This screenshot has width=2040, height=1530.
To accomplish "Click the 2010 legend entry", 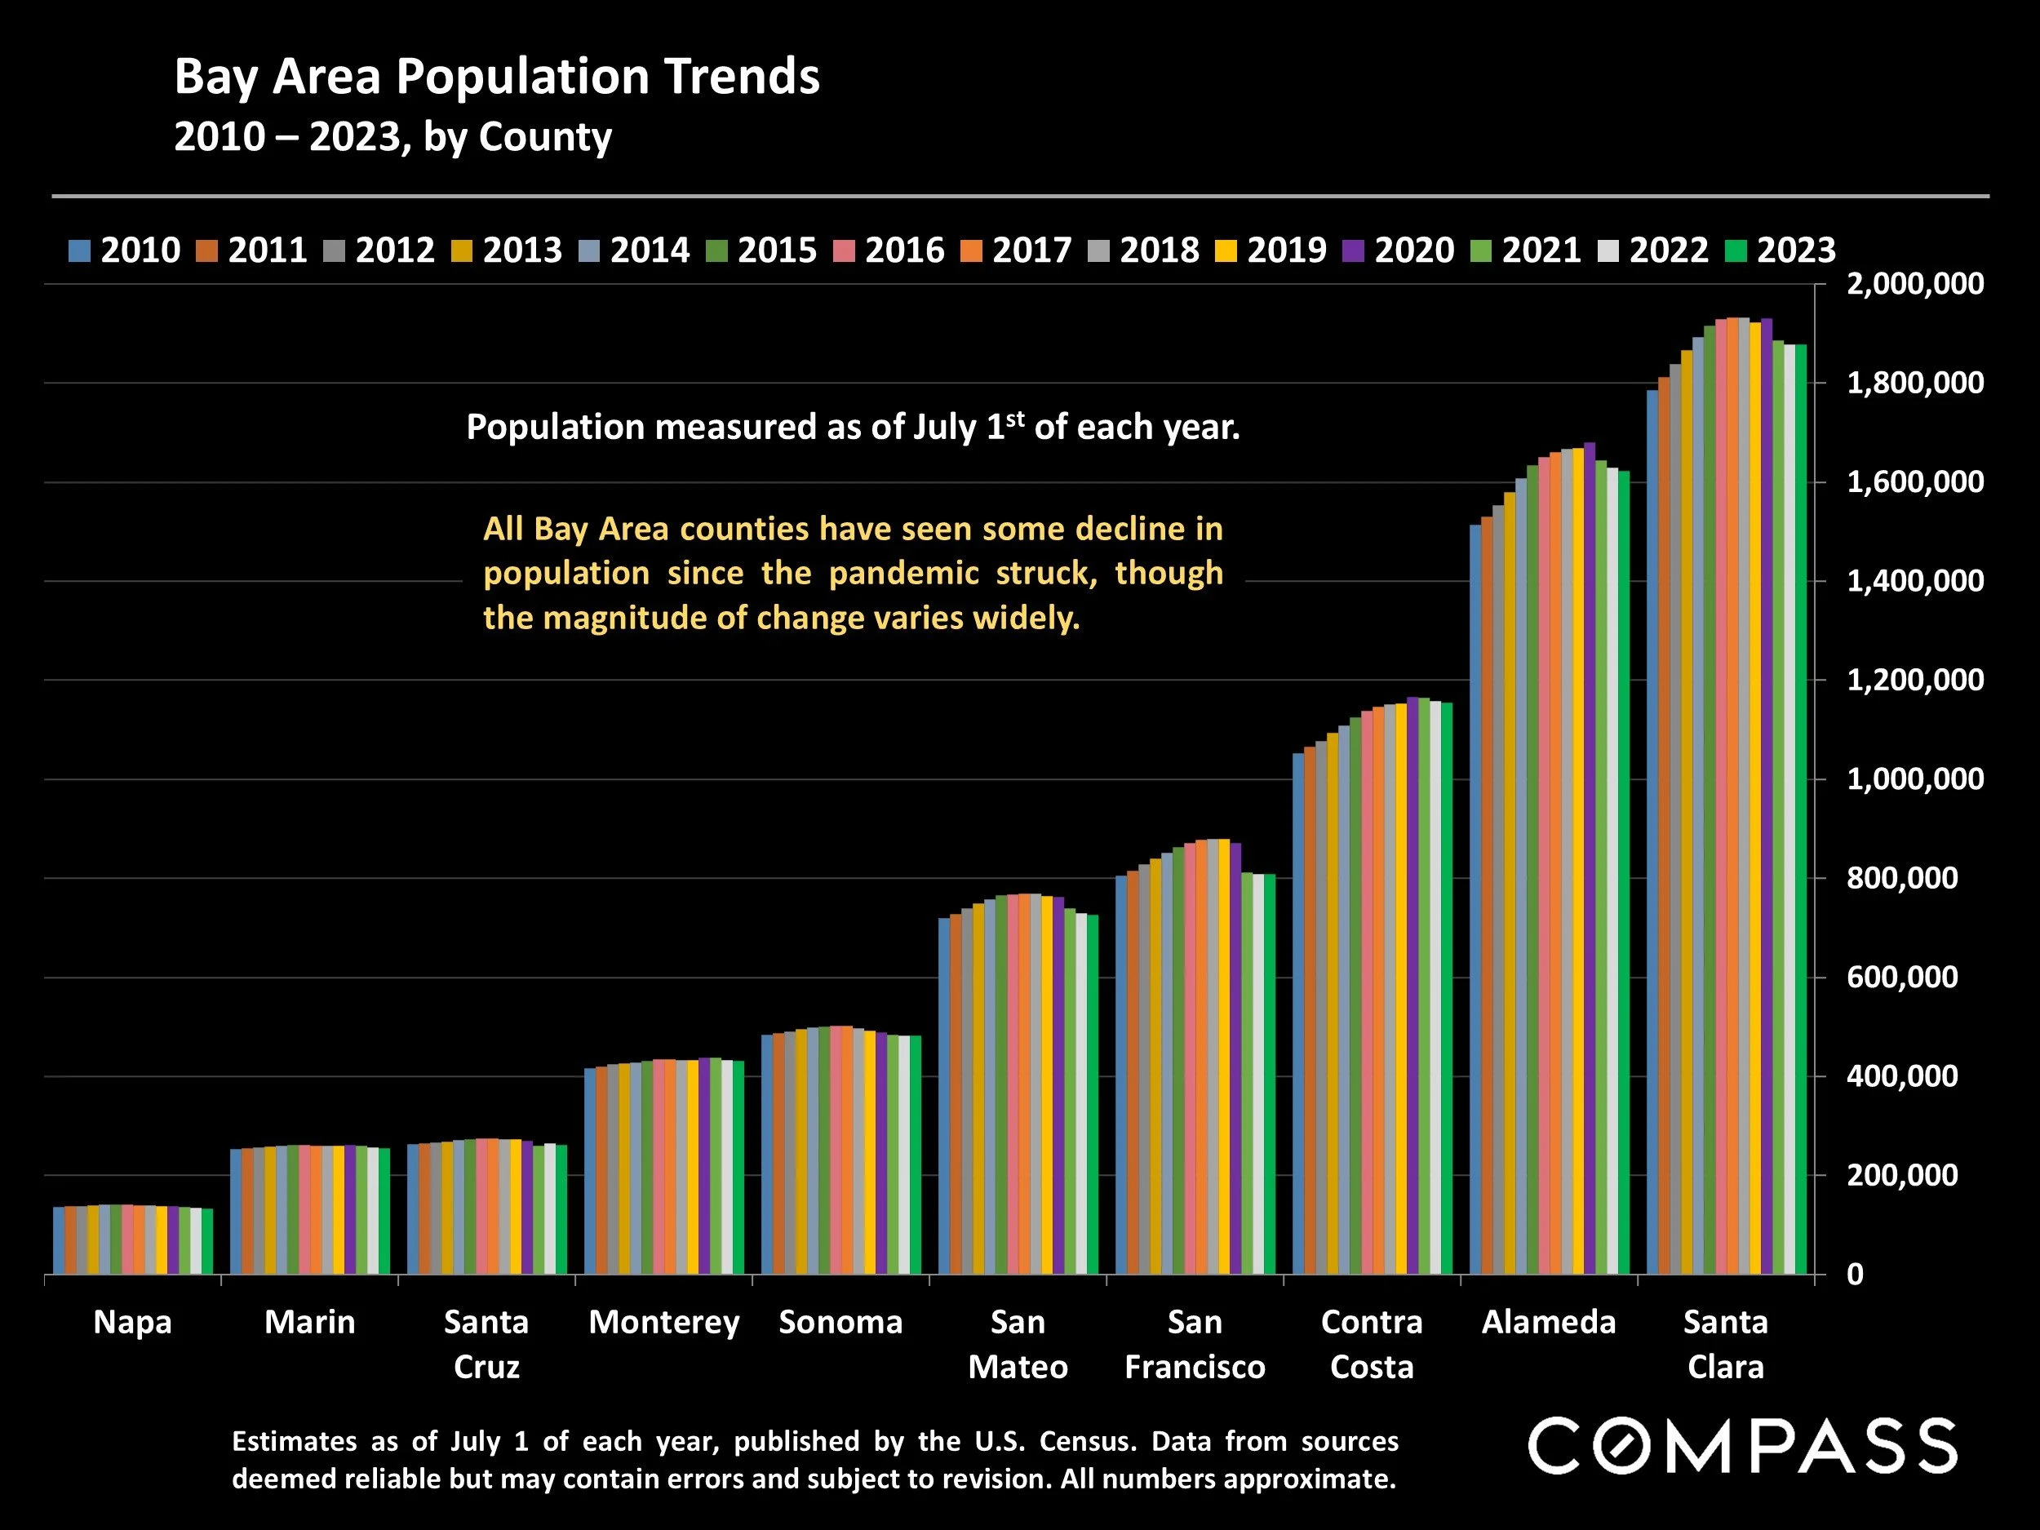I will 125,250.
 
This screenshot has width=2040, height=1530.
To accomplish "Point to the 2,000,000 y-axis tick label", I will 1914,284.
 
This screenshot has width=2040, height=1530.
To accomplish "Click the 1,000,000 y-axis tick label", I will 1914,779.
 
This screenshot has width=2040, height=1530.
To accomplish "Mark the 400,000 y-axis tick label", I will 1901,1076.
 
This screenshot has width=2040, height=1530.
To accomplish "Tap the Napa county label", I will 133,1323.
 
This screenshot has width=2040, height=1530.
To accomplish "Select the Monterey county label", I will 664,1323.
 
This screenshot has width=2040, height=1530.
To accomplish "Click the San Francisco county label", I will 1195,1345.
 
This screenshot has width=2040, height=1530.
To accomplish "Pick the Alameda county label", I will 1549,1323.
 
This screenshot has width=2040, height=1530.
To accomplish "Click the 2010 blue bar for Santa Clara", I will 1652,830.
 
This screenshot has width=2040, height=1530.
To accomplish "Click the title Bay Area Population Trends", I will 496,77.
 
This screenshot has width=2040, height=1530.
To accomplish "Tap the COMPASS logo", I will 1742,1447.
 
